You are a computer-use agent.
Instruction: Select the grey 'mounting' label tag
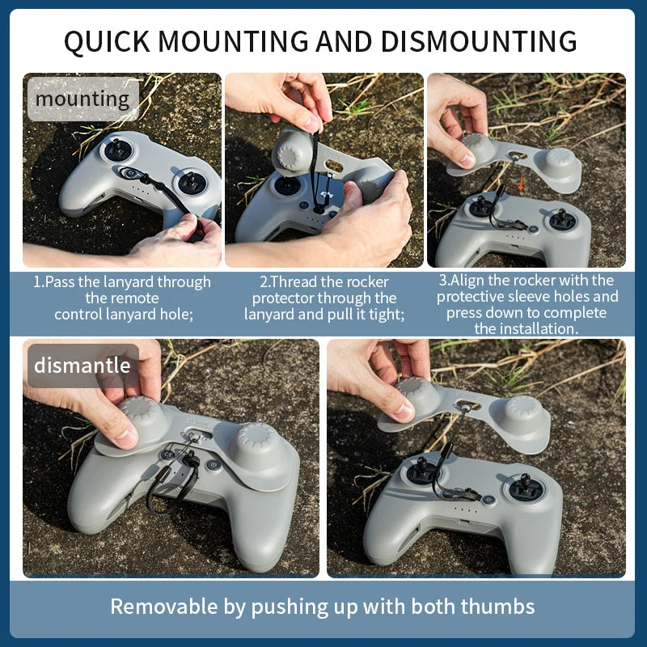click(82, 99)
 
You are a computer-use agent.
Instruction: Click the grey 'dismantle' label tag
click(82, 365)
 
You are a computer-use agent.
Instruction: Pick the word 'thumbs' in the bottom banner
click(496, 606)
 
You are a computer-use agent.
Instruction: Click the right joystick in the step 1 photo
click(191, 181)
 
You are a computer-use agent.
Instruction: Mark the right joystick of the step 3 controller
click(559, 216)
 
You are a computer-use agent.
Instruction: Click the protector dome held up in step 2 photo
click(293, 148)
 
